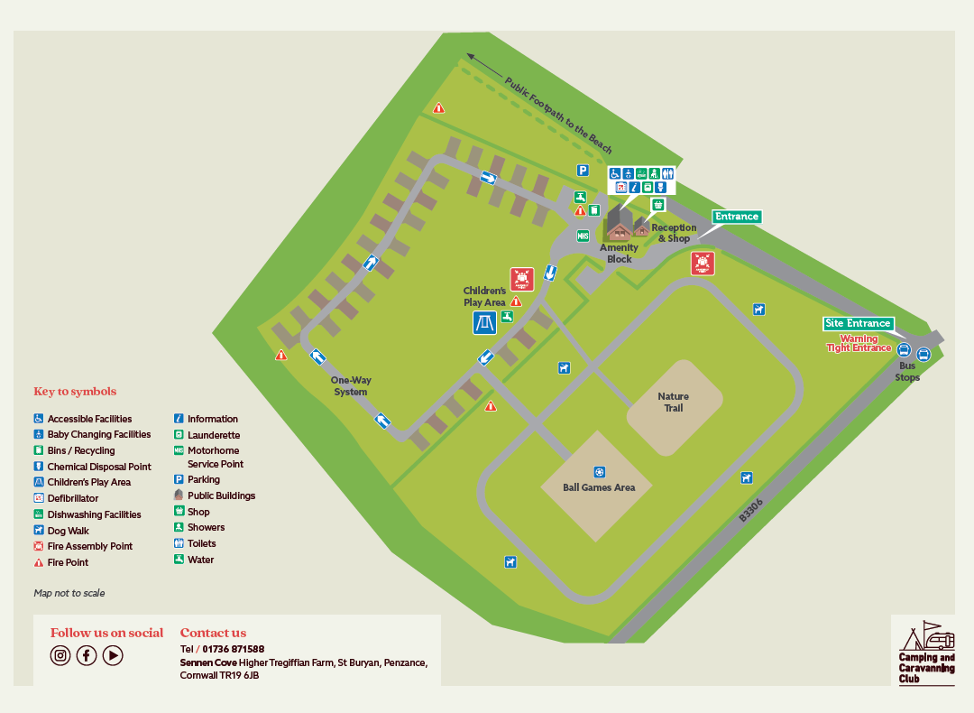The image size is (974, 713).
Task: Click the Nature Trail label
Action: point(673,402)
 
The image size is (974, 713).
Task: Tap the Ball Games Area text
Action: point(599,487)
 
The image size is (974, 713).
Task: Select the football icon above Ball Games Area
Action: point(599,472)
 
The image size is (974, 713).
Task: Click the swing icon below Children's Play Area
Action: point(484,323)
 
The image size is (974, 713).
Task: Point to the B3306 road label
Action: point(750,512)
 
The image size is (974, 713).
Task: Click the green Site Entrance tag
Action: point(858,323)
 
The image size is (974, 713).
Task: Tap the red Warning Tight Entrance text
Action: point(859,344)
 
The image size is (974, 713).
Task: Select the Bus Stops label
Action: point(907,372)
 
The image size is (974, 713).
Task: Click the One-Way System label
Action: point(351,386)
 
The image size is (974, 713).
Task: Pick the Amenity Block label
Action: point(619,254)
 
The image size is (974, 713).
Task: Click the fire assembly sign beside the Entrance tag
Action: point(703,264)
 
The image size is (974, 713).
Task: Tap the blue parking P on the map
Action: point(583,170)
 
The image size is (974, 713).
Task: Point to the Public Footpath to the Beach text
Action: point(558,115)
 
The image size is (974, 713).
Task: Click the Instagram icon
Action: point(60,656)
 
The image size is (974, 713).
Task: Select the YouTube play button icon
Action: point(113,656)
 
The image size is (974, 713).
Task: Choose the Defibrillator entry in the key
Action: point(73,498)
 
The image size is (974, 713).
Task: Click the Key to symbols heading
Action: point(75,392)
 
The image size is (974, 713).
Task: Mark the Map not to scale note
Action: point(69,593)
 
